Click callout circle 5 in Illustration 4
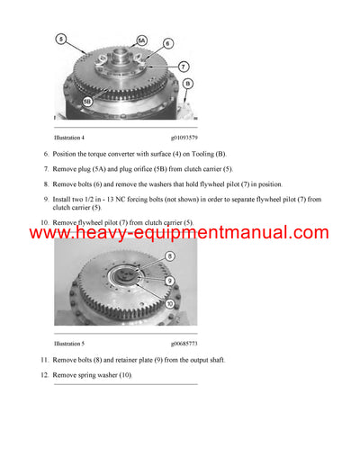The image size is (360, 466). click(60, 40)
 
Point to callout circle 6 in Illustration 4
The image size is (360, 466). click(168, 43)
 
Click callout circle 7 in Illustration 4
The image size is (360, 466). click(183, 67)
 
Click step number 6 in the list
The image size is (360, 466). click(45, 155)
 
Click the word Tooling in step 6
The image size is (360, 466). click(195, 155)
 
